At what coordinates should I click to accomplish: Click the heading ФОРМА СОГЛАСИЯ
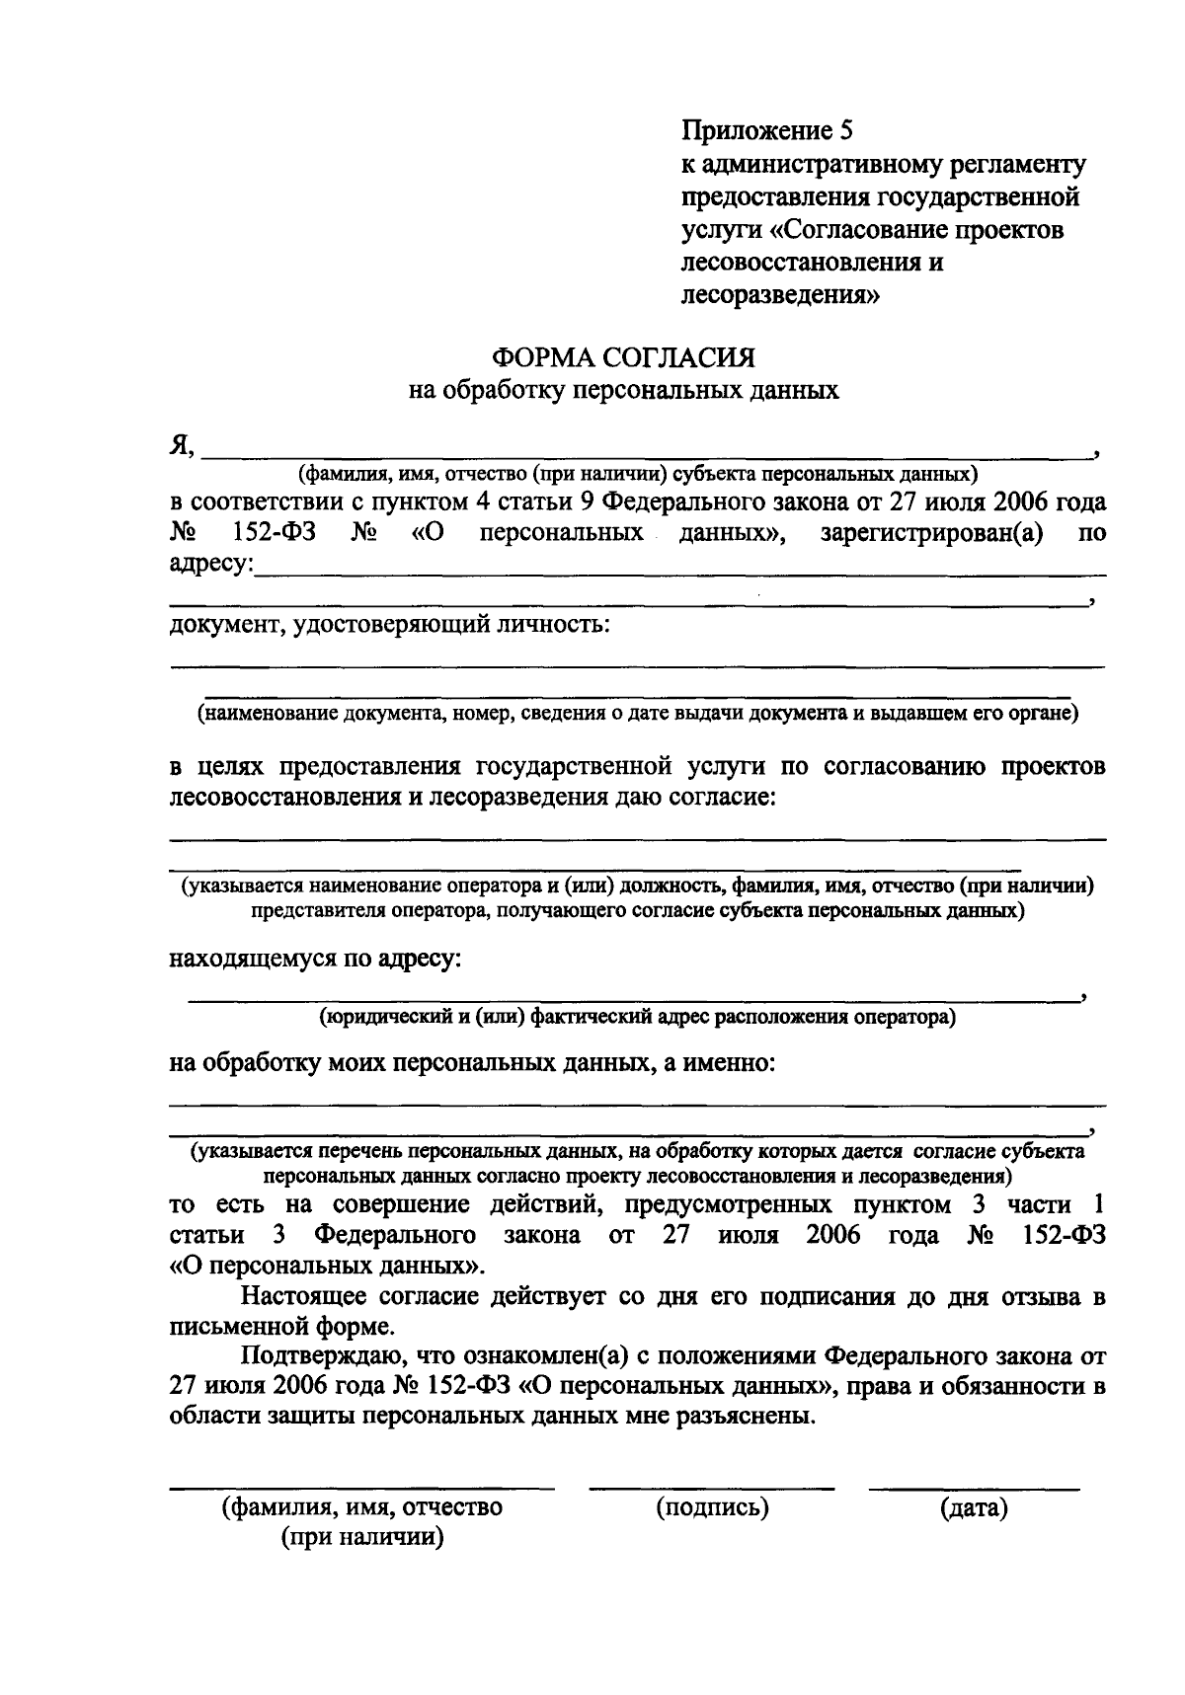[x=624, y=356]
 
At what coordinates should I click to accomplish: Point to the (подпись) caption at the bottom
[x=711, y=1507]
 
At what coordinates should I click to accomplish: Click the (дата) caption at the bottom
[x=974, y=1507]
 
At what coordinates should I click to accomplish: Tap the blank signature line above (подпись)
[x=711, y=1487]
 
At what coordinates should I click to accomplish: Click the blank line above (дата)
[x=974, y=1487]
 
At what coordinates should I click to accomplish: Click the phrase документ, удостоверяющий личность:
[x=389, y=624]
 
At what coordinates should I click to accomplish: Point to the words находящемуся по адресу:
[x=315, y=959]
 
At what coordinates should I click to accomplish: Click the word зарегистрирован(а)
[x=932, y=534]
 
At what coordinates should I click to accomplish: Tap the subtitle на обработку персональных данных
[x=624, y=391]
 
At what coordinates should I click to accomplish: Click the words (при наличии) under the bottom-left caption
[x=361, y=1538]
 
